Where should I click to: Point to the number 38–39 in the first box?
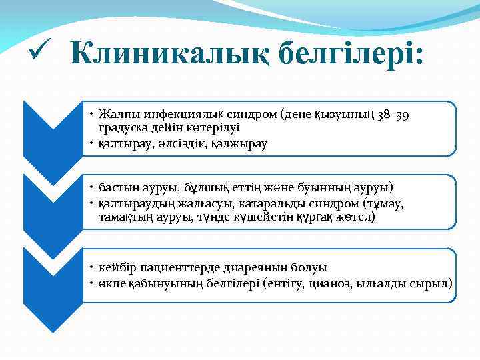(395, 115)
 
